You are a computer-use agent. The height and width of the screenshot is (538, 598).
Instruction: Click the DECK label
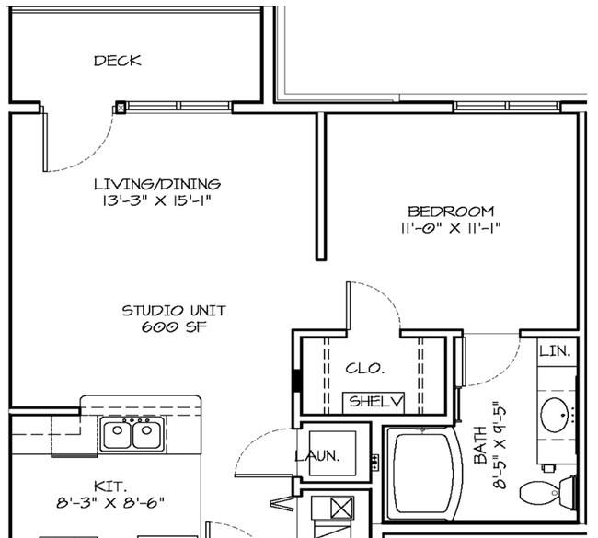(118, 61)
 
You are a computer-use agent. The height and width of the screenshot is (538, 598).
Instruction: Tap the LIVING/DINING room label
(157, 184)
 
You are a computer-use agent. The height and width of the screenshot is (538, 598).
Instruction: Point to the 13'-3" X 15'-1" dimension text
(156, 200)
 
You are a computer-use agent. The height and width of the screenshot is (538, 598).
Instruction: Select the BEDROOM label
(451, 212)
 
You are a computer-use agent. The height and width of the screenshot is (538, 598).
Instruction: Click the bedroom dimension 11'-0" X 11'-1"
(451, 228)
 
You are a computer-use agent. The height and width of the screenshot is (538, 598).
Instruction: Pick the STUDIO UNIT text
(174, 311)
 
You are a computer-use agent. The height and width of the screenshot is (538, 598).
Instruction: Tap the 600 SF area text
(174, 327)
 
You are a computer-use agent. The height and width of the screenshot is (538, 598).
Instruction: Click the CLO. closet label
(365, 369)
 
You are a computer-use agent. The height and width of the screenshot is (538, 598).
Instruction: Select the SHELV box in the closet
(374, 402)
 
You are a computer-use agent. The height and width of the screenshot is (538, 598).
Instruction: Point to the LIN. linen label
(556, 351)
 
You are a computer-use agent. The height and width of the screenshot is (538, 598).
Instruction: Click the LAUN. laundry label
(317, 455)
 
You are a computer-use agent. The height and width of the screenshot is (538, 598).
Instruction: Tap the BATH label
(480, 445)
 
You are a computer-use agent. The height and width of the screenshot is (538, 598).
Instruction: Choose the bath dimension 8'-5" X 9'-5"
(500, 444)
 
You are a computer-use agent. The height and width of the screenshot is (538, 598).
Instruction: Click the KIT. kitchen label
(110, 486)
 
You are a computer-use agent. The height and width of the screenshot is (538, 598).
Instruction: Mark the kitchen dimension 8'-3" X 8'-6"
(110, 503)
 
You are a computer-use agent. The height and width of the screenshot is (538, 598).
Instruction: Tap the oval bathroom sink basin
(555, 415)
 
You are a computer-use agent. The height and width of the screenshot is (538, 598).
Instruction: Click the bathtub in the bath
(421, 474)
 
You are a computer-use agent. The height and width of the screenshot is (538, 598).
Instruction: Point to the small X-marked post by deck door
(121, 109)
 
